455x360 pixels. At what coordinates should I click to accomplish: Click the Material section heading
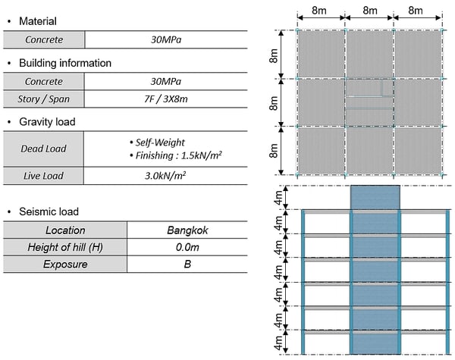coord(35,21)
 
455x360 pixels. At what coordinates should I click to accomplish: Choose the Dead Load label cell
coord(44,149)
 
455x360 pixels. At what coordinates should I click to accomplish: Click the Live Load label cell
coord(44,177)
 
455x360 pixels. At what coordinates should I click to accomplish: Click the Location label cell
coord(64,230)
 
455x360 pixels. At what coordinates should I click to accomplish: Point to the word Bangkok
coord(187,230)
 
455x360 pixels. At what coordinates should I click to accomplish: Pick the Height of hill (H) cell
coord(64,248)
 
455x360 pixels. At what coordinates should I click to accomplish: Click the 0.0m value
coord(187,248)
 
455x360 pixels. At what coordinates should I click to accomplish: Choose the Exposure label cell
coord(64,265)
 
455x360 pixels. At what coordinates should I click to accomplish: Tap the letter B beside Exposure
coord(187,265)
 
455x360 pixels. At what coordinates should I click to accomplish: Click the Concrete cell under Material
coord(44,40)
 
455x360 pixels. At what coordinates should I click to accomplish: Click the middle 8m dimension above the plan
coord(369,11)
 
